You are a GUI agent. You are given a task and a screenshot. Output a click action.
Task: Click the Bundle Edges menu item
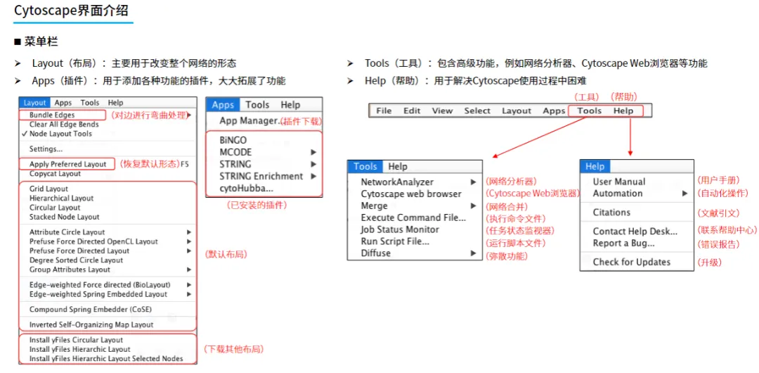pyautogui.click(x=52, y=115)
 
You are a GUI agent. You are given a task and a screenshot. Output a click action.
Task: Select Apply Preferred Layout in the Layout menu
pyautogui.click(x=68, y=164)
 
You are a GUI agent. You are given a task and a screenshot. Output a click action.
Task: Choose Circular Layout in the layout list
pyautogui.click(x=55, y=208)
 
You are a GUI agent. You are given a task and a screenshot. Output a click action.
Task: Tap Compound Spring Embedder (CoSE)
pyautogui.click(x=90, y=310)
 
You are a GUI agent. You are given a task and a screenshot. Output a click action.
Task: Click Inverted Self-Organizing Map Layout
pyautogui.click(x=91, y=325)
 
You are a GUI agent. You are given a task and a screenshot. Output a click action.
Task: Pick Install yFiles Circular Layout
pyautogui.click(x=76, y=340)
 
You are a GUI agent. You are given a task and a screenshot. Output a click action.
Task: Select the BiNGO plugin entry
pyautogui.click(x=233, y=140)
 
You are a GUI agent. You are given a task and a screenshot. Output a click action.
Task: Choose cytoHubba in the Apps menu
pyautogui.click(x=246, y=189)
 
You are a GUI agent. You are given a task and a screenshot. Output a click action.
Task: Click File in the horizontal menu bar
pyautogui.click(x=384, y=110)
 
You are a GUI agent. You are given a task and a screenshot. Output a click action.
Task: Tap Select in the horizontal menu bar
pyautogui.click(x=477, y=110)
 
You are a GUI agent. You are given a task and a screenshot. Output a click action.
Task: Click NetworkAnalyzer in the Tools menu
pyautogui.click(x=397, y=182)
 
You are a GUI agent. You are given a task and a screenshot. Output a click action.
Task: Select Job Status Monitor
pyautogui.click(x=400, y=229)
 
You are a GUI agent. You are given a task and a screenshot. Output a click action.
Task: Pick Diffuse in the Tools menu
pyautogui.click(x=376, y=253)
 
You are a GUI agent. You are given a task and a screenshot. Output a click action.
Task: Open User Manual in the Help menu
pyautogui.click(x=619, y=182)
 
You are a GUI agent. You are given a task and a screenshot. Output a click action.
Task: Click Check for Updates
pyautogui.click(x=631, y=262)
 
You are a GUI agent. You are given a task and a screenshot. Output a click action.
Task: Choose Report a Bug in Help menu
pyautogui.click(x=623, y=243)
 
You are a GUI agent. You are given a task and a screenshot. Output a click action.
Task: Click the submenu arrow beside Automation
pyautogui.click(x=685, y=194)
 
